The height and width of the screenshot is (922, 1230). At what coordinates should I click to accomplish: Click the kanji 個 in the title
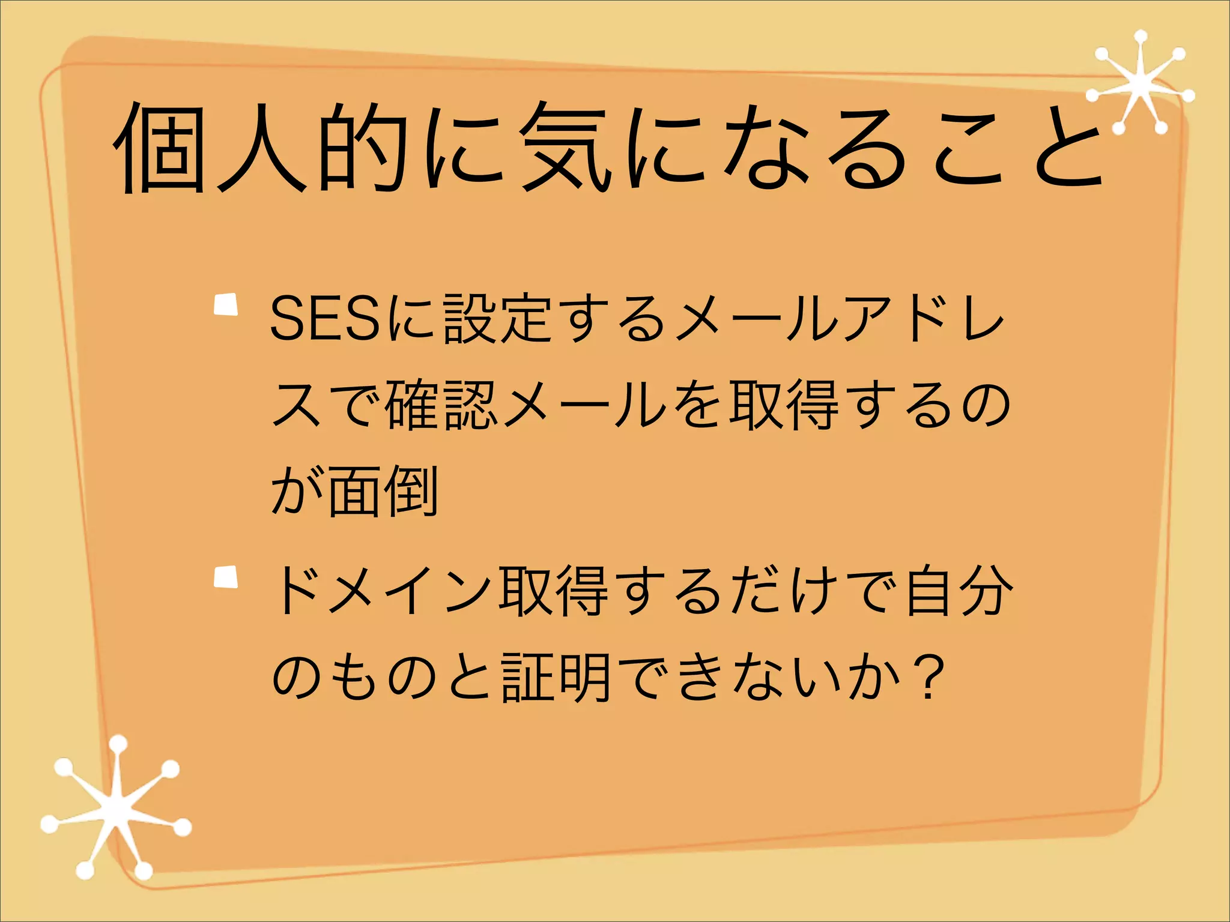click(161, 148)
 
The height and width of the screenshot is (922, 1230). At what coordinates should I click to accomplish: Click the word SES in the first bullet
click(325, 319)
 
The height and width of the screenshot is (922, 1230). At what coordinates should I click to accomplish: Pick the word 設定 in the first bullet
click(498, 319)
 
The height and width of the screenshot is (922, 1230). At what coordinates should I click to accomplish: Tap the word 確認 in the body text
click(441, 405)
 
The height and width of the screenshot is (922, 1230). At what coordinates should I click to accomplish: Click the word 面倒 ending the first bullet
click(383, 492)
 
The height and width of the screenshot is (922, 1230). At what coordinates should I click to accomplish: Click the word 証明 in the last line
click(556, 678)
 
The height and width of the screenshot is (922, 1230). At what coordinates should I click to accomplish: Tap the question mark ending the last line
click(929, 678)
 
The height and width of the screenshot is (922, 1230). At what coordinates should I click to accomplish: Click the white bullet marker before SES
click(226, 304)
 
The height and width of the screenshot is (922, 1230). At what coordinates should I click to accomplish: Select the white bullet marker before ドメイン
click(226, 577)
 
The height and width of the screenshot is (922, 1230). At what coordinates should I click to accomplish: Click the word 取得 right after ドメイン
click(556, 591)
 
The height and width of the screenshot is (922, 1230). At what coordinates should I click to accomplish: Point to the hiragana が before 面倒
click(296, 492)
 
